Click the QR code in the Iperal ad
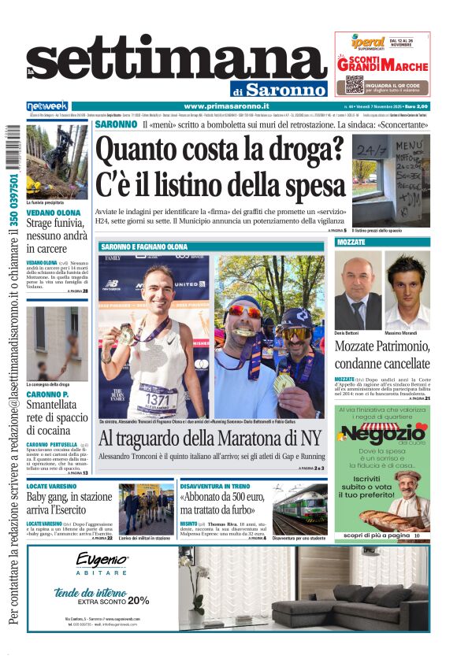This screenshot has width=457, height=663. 354,84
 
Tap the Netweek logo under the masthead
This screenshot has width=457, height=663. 47,106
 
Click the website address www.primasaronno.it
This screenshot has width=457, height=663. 226,106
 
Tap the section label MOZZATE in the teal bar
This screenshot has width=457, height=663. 352,242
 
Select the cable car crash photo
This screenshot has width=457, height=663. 57,161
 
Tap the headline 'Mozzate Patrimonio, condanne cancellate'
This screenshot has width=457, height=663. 382,355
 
